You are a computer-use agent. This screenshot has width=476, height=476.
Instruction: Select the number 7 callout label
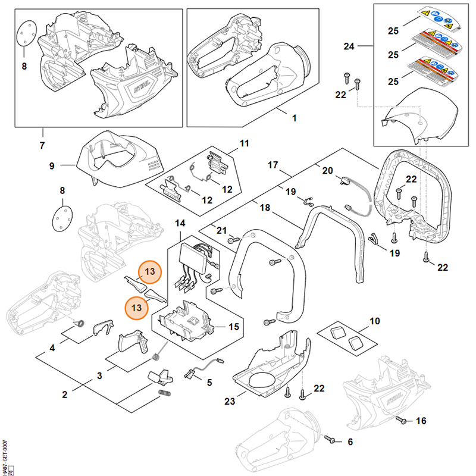click(x=42, y=145)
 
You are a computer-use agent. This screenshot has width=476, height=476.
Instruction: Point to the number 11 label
click(x=245, y=143)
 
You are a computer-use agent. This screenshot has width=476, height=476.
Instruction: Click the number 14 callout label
click(x=180, y=223)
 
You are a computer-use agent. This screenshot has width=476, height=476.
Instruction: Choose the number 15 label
click(x=234, y=327)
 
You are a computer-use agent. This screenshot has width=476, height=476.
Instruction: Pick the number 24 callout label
click(x=349, y=46)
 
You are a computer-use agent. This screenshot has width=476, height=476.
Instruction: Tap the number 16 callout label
click(x=421, y=421)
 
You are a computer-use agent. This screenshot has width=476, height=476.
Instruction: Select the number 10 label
click(x=374, y=321)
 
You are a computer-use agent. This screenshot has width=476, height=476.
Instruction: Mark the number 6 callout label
click(x=350, y=441)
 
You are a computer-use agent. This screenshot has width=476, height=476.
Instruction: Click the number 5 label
click(x=209, y=383)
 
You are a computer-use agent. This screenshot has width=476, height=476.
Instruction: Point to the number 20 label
click(x=327, y=171)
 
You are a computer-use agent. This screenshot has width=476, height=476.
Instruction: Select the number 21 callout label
click(x=221, y=230)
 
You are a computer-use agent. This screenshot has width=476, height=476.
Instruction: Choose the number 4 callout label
click(x=52, y=347)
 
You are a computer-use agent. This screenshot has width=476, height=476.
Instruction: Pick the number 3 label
click(x=100, y=375)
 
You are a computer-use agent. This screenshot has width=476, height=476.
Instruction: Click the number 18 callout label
click(x=265, y=208)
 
